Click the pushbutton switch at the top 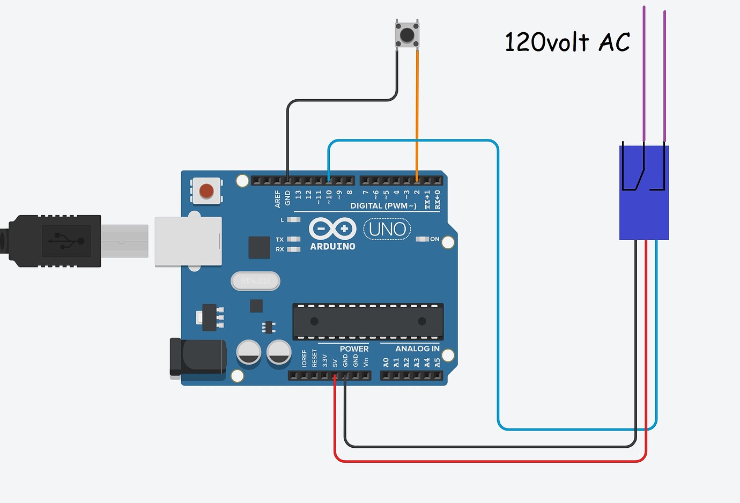(407, 35)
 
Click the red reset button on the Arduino (206, 191)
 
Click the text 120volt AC (567, 42)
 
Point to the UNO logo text (387, 229)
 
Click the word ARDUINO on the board (332, 247)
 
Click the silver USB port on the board (188, 241)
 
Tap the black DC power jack (198, 357)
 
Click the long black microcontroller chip (368, 321)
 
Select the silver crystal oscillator (255, 281)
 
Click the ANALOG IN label (417, 349)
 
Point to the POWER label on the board (354, 349)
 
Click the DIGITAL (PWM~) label (383, 206)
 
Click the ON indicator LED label (434, 239)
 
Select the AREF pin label (277, 199)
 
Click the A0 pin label (386, 363)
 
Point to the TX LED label (279, 239)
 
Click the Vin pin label (366, 363)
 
